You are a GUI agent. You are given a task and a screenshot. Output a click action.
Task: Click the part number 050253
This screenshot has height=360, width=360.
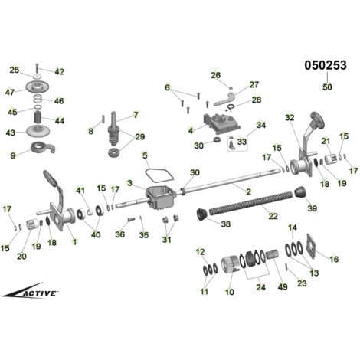(326, 65)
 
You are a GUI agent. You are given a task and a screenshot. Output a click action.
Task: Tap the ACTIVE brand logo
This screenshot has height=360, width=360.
(31, 290)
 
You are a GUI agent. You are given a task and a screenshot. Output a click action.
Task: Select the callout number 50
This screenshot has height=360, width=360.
(327, 87)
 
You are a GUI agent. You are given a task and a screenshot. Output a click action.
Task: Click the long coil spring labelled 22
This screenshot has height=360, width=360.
(251, 202)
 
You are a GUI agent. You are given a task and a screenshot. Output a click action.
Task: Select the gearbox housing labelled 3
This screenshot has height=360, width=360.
(160, 197)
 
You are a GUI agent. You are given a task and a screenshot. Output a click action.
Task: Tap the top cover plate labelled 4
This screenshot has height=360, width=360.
(221, 123)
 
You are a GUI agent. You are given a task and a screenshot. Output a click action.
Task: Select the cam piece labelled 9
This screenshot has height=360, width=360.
(42, 148)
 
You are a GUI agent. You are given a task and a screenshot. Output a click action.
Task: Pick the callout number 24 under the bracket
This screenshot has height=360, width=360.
(260, 287)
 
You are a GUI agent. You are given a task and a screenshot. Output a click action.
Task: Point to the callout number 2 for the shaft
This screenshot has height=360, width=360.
(248, 191)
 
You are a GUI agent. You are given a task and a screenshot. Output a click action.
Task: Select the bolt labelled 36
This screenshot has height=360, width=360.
(130, 219)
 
